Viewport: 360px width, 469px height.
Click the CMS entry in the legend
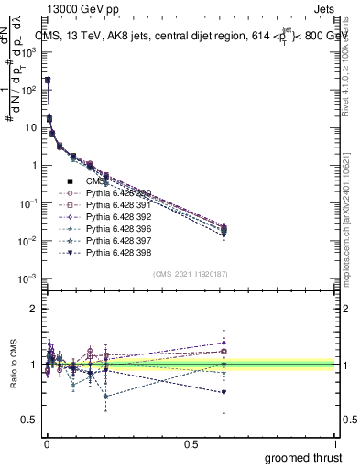pos(95,180)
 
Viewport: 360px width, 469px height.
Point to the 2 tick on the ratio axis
pos(33,309)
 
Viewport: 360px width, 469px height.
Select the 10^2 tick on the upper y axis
pos(28,90)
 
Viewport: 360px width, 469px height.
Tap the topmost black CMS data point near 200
pos(48,81)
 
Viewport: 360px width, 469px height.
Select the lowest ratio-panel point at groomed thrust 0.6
pos(223,392)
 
